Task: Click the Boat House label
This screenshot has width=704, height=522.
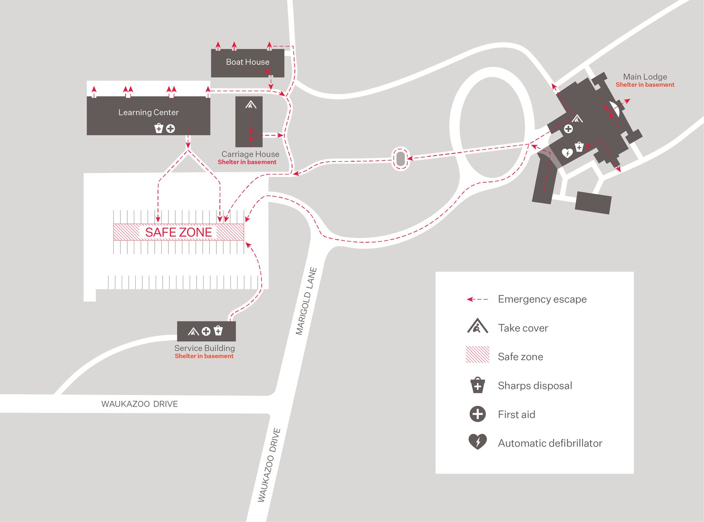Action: coord(247,62)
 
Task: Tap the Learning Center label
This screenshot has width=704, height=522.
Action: coord(148,112)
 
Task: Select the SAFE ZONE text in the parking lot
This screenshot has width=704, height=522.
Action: coord(179,232)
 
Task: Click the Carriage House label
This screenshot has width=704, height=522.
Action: coord(250,154)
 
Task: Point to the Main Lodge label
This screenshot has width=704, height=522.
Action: coord(645,77)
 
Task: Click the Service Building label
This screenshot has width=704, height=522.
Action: coord(205,348)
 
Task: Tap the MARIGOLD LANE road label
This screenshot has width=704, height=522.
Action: coord(306,301)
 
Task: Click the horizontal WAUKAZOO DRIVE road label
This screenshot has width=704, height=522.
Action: coord(139,404)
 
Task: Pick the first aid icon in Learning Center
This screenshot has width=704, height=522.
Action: coord(170,129)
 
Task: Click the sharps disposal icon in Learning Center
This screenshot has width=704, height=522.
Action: coord(159,128)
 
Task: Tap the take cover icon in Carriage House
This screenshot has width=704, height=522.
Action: coord(251,105)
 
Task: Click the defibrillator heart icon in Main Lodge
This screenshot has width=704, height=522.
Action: coord(567,152)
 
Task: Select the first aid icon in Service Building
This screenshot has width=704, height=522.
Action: coord(206,331)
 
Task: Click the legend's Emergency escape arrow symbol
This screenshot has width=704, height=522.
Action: coord(477,299)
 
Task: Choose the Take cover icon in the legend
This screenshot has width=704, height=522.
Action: coord(477,326)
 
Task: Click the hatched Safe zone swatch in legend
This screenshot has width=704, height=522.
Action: coord(477,354)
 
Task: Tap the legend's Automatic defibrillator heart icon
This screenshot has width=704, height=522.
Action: coord(477,441)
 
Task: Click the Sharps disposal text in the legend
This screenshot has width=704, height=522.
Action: coord(535,385)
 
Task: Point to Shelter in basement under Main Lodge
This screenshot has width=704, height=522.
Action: coord(645,85)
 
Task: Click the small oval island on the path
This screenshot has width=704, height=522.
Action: coord(401,159)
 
